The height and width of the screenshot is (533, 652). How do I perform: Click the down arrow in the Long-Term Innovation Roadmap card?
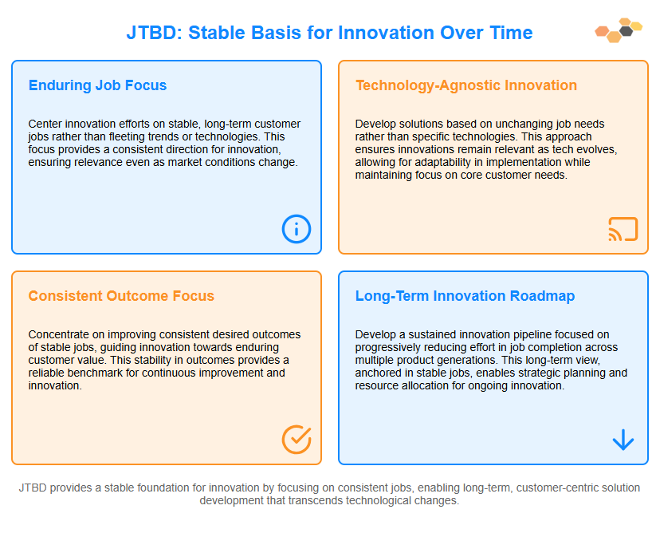pyautogui.click(x=623, y=440)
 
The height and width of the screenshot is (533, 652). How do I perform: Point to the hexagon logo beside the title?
pyautogui.click(x=619, y=30)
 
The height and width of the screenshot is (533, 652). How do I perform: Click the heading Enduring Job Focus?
pyautogui.click(x=97, y=85)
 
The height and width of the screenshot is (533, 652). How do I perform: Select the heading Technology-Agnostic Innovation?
pyautogui.click(x=466, y=85)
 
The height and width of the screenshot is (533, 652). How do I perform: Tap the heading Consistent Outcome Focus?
pyautogui.click(x=121, y=296)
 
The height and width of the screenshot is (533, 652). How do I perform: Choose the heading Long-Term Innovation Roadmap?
pyautogui.click(x=465, y=296)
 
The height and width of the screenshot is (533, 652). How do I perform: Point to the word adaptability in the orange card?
pyautogui.click(x=444, y=162)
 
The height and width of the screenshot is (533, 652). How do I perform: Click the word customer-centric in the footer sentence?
pyautogui.click(x=560, y=488)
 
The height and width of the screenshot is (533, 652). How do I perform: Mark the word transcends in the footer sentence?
pyautogui.click(x=345, y=500)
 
